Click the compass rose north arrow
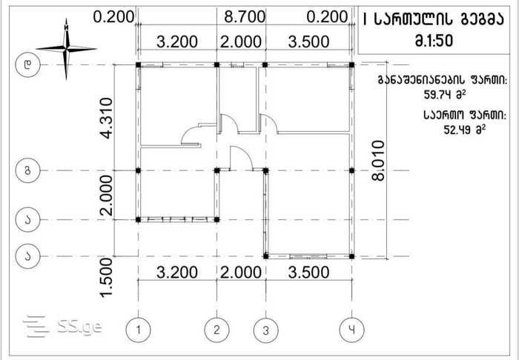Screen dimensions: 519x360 (x=67, y=49)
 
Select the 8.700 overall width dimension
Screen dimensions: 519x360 (x=245, y=16)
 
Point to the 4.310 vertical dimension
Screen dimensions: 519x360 (x=107, y=118)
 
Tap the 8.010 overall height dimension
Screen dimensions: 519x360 (x=378, y=160)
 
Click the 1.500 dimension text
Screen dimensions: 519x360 (x=107, y=278)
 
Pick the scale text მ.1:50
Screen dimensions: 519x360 (x=434, y=41)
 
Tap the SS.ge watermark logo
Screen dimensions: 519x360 (x=62, y=327)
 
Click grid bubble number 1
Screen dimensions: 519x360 (x=139, y=330)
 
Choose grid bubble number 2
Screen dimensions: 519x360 (x=216, y=330)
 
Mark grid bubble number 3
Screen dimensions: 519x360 (x=265, y=330)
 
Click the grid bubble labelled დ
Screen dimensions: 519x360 (x=28, y=64)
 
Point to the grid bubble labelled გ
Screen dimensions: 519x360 (x=28, y=170)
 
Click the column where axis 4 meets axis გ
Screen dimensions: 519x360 (x=352, y=170)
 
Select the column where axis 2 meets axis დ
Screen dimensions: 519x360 (x=216, y=64)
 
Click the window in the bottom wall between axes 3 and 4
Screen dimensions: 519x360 (x=308, y=256)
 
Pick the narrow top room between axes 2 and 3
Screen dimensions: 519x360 (x=238, y=99)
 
